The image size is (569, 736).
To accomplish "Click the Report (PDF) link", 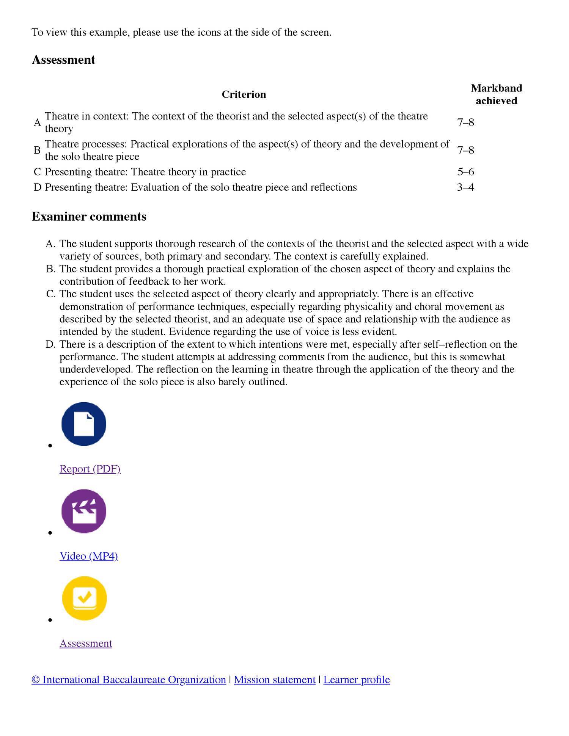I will [x=90, y=469].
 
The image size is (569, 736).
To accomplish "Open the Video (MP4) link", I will [x=89, y=556].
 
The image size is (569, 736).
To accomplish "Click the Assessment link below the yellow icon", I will [x=86, y=643].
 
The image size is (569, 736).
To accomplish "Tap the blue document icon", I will [x=84, y=424].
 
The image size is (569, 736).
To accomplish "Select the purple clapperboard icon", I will [x=84, y=511].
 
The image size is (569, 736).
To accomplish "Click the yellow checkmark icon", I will [x=84, y=598].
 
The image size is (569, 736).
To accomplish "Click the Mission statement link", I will [x=275, y=680].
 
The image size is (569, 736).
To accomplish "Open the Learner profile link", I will [x=357, y=680].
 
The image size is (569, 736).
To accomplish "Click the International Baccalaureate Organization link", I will [x=129, y=680].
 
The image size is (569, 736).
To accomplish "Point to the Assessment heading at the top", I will [x=63, y=60].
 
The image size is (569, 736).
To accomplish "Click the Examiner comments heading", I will [x=89, y=217].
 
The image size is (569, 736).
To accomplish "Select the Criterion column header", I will [x=244, y=94].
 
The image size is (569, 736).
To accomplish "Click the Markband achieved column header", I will [x=496, y=94].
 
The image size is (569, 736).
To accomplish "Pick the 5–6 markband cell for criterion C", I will [x=465, y=172].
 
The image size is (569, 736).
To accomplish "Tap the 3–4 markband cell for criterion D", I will [x=465, y=188].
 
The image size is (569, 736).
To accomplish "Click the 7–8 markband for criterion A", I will [x=465, y=122].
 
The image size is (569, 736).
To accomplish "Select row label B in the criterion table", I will [x=37, y=151].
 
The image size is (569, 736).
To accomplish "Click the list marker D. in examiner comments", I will [x=51, y=344].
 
